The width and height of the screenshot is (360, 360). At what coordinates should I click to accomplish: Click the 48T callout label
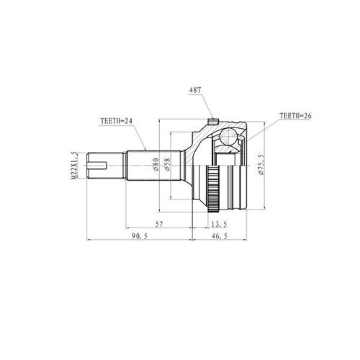tap(194, 91)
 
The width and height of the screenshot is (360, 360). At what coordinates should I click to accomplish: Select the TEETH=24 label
tap(117, 121)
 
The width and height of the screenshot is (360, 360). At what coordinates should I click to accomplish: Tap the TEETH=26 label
tap(295, 116)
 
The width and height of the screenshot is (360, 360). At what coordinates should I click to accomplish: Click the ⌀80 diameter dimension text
tap(156, 164)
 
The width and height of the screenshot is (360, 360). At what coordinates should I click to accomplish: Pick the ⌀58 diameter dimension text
tap(167, 164)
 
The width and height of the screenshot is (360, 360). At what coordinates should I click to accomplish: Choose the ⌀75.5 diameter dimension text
tap(261, 164)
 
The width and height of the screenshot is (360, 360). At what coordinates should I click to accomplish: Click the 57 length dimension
tap(159, 224)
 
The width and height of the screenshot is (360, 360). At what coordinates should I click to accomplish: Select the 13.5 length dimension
tap(219, 224)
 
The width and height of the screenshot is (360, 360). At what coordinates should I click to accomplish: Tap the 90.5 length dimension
tap(140, 236)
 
